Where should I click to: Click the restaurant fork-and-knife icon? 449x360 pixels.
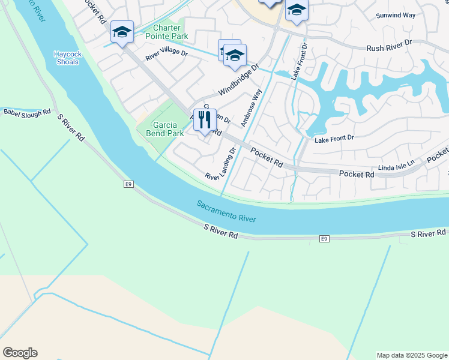point(205,120)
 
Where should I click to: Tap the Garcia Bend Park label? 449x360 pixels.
point(164,129)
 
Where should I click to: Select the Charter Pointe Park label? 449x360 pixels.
point(170,32)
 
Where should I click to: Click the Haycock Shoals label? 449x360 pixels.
point(67,58)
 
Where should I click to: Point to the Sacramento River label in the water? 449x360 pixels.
point(226,212)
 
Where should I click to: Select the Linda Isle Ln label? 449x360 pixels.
point(396,163)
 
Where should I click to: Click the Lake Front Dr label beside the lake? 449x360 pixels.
point(334,138)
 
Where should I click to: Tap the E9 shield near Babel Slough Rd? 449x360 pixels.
point(128,184)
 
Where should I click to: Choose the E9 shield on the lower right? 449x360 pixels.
point(324,239)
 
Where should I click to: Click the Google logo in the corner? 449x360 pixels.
point(20,353)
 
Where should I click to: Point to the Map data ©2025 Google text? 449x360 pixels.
point(412,355)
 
